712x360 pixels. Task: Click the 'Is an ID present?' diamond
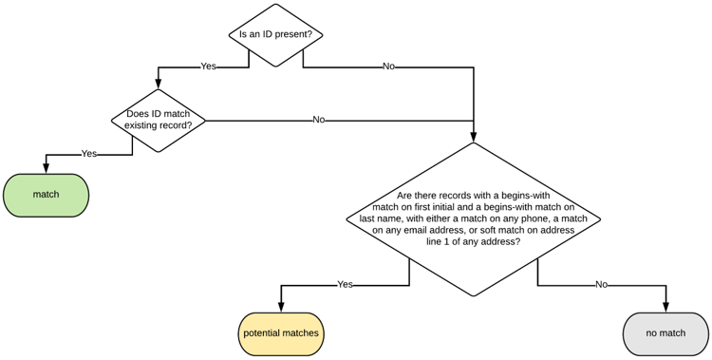(x=275, y=35)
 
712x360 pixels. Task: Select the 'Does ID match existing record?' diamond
(x=159, y=121)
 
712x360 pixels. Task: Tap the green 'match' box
(x=46, y=195)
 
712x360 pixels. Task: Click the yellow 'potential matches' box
(x=281, y=333)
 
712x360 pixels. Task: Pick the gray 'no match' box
(x=665, y=333)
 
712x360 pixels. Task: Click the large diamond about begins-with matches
(x=473, y=219)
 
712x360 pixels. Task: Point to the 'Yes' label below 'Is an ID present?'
(x=209, y=66)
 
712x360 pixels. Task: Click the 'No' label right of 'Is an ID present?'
(x=388, y=66)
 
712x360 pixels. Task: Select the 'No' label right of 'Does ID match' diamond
(x=319, y=121)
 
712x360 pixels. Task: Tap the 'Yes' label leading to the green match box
(x=89, y=153)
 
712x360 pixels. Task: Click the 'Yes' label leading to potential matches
(x=346, y=284)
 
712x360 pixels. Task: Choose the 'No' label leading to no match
(x=601, y=284)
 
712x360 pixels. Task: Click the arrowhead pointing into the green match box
(x=46, y=168)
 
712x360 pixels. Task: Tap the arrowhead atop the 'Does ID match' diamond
(x=159, y=84)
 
